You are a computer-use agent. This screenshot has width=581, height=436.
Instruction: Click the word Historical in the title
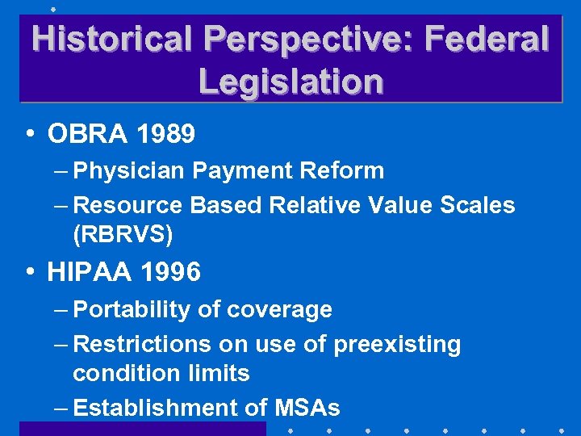coord(112,39)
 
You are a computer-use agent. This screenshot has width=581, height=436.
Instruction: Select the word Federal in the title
coord(487,39)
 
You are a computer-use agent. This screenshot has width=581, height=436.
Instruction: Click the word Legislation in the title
coord(290,82)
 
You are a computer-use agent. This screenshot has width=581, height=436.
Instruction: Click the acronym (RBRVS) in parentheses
coord(123,235)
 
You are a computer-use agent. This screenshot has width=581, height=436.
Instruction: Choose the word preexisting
coord(397,345)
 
